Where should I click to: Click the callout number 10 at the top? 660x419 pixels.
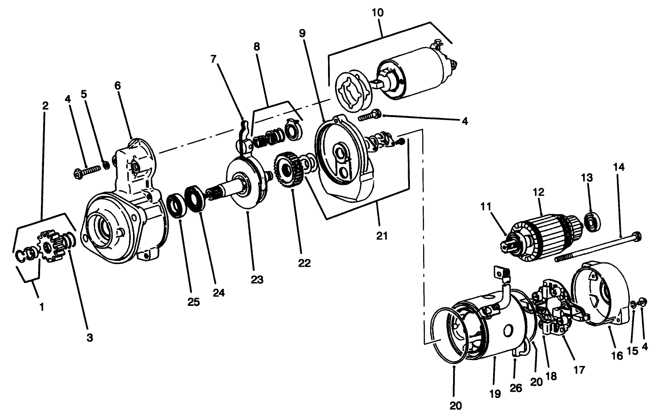tap(377, 13)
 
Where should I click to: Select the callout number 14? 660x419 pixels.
tap(618, 167)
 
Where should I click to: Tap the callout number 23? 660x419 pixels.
tap(257, 279)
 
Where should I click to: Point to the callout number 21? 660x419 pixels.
tap(382, 235)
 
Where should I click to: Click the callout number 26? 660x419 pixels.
tap(516, 388)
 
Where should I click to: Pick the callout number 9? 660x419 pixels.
tap(302, 33)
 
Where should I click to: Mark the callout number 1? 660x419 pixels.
tap(42, 307)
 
